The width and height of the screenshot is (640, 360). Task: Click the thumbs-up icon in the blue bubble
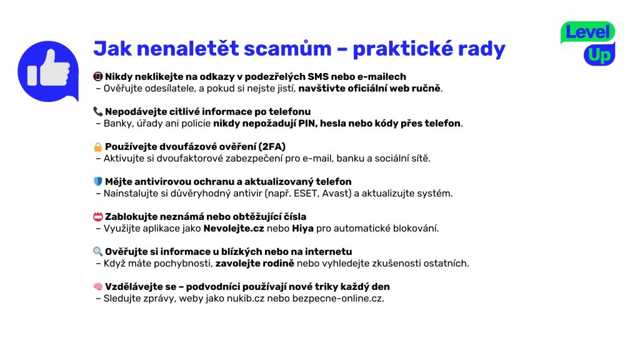click(48, 69)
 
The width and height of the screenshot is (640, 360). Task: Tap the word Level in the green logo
click(587, 32)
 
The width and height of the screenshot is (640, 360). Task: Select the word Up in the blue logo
click(599, 56)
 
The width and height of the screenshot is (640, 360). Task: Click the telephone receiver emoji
click(98, 111)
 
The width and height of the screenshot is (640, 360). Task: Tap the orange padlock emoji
click(98, 146)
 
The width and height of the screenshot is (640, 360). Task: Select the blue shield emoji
click(98, 182)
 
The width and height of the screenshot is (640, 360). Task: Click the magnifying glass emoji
click(98, 251)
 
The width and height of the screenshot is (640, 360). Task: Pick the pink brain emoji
click(98, 286)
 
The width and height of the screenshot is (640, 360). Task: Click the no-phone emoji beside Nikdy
click(98, 76)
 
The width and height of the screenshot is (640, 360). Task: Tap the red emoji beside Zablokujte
click(98, 216)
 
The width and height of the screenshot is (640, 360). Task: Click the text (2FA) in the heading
click(272, 146)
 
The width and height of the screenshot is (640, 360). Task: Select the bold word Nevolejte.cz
click(234, 229)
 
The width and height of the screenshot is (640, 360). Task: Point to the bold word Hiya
click(303, 229)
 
